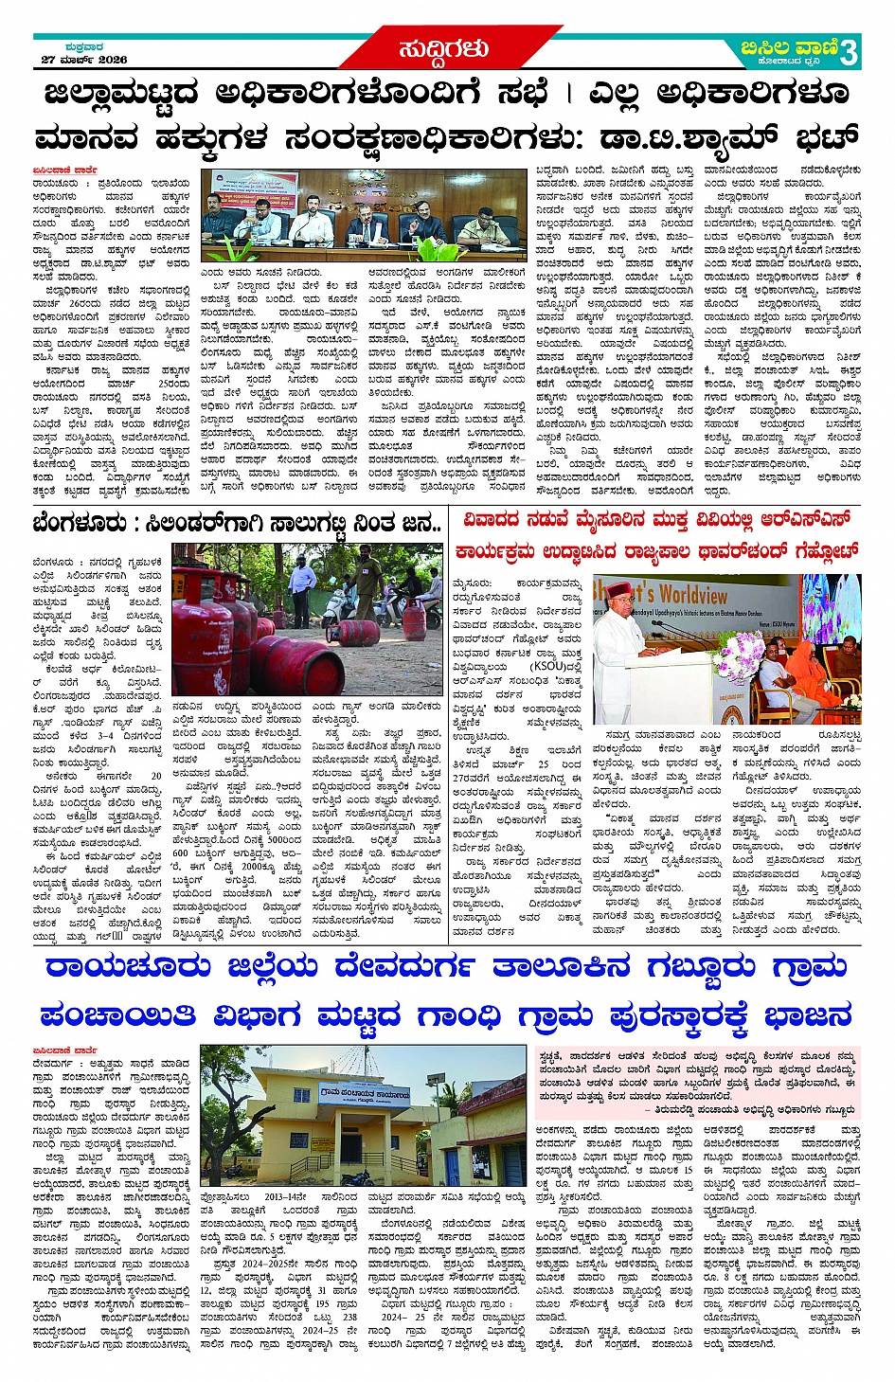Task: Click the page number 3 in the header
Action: (849, 52)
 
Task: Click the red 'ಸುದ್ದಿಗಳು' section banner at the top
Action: (444, 49)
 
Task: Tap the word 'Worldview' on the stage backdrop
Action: (692, 596)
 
